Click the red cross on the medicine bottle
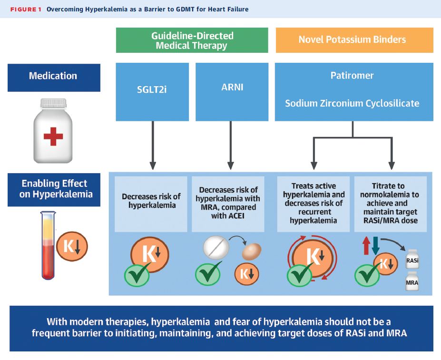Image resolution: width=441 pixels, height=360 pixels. click(53, 136)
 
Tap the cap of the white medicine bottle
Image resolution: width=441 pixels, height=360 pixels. click(53, 103)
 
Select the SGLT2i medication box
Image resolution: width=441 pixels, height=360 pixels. click(152, 92)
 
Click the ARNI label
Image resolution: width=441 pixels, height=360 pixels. click(232, 87)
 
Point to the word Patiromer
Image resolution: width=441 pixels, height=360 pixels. click(352, 75)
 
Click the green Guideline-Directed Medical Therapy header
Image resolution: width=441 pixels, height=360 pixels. click(192, 40)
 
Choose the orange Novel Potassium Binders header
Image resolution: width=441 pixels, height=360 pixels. click(354, 40)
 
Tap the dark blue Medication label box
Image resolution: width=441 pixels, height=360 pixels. click(54, 78)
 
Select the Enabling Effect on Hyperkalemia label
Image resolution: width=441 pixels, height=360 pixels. click(54, 190)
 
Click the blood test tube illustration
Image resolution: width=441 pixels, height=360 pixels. click(48, 245)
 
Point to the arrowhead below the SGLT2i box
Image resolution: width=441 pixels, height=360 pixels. click(153, 165)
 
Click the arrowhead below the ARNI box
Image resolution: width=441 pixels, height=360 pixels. click(231, 165)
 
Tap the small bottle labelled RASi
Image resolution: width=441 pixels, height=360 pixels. click(412, 259)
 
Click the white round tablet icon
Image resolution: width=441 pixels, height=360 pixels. click(216, 247)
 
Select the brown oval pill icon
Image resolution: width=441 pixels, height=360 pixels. click(252, 251)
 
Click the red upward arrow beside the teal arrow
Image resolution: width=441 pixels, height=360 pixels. click(366, 245)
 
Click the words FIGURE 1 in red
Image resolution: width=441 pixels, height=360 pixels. click(26, 10)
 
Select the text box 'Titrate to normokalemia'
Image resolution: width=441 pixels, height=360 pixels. click(391, 204)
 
